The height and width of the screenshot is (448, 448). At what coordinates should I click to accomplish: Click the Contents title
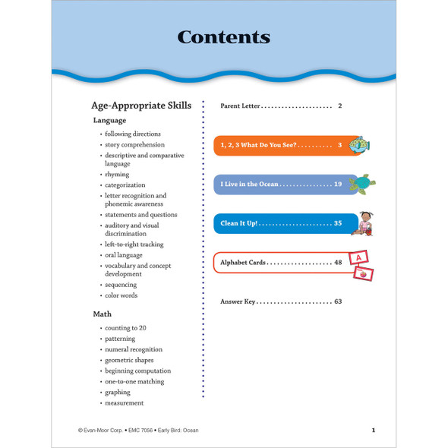coord(223,36)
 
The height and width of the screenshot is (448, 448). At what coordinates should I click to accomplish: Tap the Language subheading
coord(109,120)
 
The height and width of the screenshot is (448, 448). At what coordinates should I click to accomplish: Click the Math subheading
coord(102,314)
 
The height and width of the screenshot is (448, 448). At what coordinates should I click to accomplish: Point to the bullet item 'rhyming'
coord(117,175)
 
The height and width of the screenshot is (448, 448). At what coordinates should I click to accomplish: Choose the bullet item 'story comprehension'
coord(134,144)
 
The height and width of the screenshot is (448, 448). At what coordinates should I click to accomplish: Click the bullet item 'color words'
coord(121,295)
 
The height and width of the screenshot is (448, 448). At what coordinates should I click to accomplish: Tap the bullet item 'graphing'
coord(118,392)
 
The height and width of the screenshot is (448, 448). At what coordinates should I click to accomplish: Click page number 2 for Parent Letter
coord(340,106)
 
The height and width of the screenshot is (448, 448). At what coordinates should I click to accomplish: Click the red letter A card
coord(359,256)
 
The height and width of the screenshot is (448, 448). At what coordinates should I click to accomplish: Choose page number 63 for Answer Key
coord(338,301)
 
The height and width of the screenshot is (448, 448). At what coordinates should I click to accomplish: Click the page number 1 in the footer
coord(373,431)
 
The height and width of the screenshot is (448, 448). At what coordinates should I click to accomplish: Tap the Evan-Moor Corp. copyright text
coord(102,431)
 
